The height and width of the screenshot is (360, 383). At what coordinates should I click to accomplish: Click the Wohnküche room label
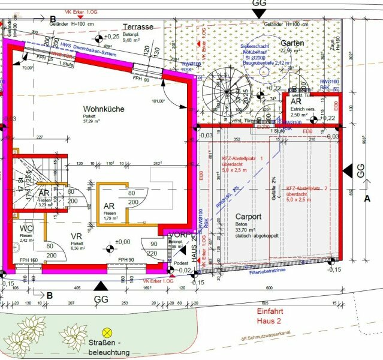104,109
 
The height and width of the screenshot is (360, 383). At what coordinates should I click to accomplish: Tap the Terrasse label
138,27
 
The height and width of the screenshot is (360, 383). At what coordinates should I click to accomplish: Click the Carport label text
248,216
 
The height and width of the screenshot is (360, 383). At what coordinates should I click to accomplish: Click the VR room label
76,236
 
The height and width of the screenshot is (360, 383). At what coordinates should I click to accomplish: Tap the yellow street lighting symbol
107,331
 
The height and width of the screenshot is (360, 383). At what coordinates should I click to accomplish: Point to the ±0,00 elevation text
123,242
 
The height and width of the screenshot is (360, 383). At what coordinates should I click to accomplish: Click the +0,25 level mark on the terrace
111,37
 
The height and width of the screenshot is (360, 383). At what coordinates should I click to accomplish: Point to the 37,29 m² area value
94,121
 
